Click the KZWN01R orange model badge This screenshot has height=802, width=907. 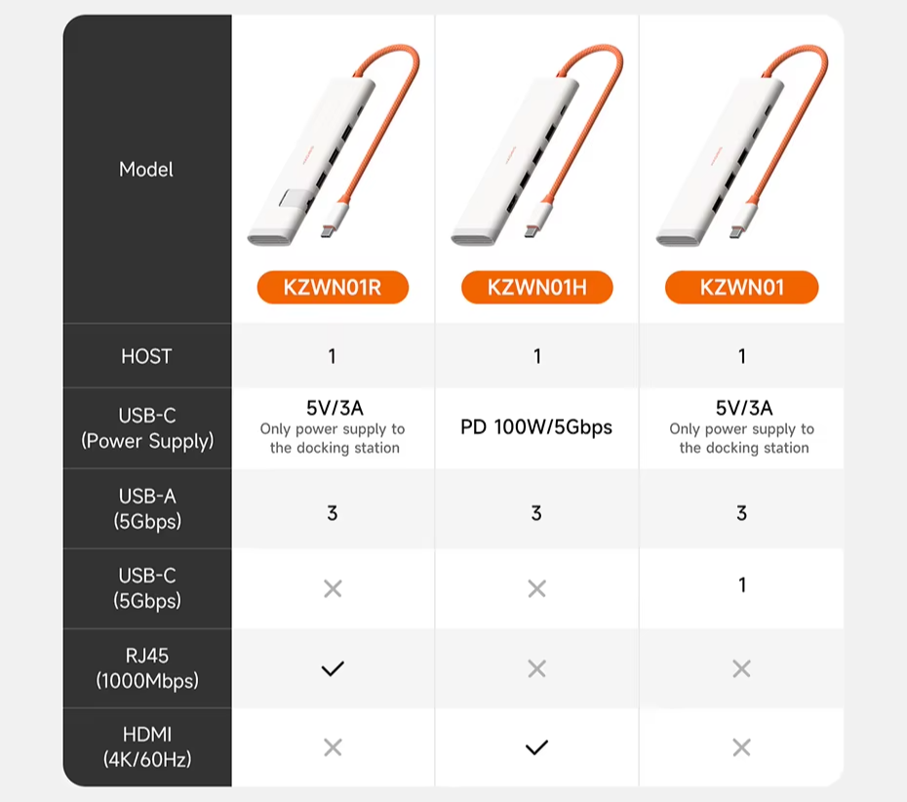[x=333, y=287]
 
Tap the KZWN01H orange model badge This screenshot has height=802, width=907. [x=536, y=287]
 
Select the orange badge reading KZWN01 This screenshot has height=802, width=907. [x=741, y=287]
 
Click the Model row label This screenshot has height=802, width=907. [x=145, y=170]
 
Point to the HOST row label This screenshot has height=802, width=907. [x=146, y=356]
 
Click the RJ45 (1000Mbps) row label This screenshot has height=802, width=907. [x=147, y=668]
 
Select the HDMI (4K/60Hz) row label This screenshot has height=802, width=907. [x=147, y=747]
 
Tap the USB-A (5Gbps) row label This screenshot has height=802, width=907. [x=147, y=508]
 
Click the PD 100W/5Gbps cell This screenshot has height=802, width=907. [x=536, y=427]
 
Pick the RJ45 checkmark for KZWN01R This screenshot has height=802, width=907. [x=333, y=669]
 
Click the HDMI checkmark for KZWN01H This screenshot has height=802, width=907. [x=536, y=747]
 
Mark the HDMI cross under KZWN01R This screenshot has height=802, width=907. [x=333, y=747]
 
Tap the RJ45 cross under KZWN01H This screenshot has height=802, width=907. [x=536, y=669]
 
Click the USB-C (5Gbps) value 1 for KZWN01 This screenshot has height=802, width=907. [x=742, y=585]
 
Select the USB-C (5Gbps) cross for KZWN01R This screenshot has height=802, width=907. [x=333, y=589]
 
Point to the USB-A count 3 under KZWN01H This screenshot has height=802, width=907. [x=536, y=512]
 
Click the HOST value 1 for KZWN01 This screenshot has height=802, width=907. [x=742, y=356]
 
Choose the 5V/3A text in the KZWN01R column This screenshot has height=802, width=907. [x=335, y=408]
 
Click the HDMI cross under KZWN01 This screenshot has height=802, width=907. [x=741, y=747]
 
